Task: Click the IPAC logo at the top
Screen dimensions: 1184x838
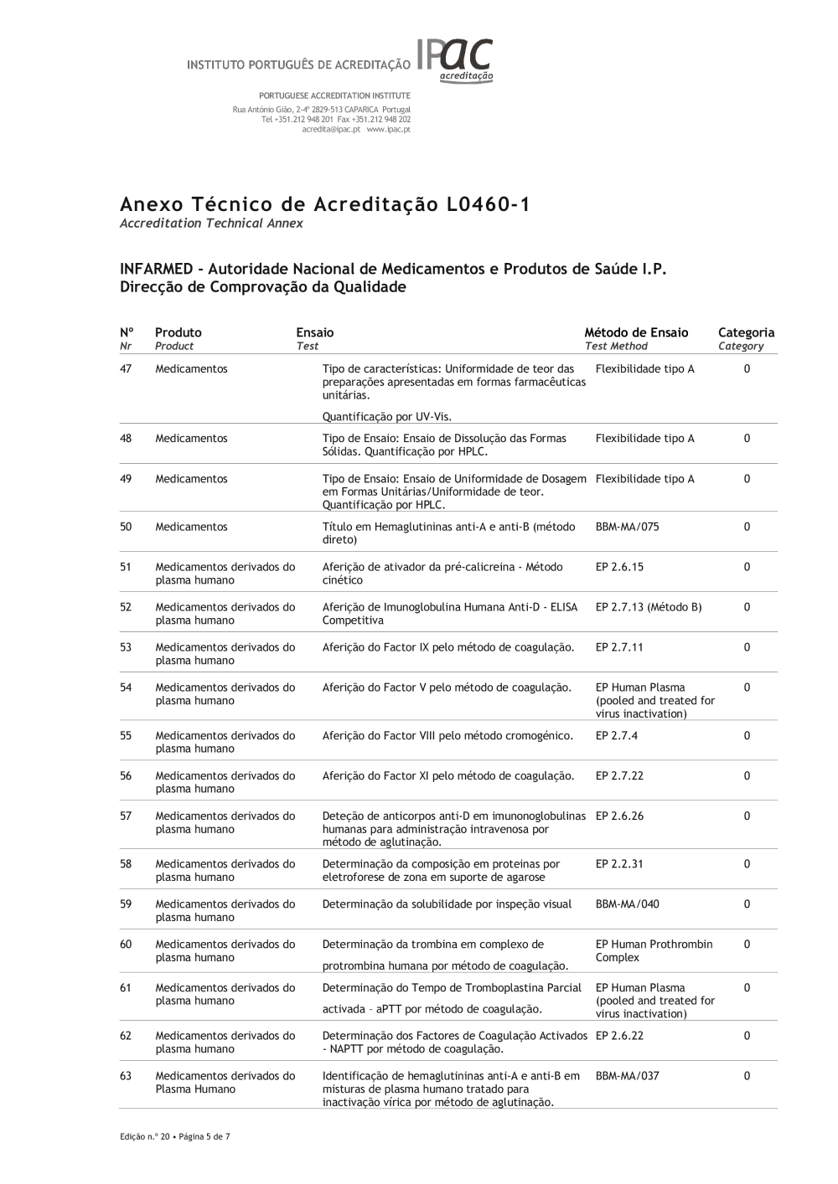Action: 455,60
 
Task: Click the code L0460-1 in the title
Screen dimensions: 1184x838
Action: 484,205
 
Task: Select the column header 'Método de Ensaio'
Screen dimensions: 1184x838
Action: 636,332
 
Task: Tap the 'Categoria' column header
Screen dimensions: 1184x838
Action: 746,332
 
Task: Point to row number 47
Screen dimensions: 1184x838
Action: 126,369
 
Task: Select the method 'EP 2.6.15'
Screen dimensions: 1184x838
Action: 620,568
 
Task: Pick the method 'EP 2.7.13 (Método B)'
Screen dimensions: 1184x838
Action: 649,608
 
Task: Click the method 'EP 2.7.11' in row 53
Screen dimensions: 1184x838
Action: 620,648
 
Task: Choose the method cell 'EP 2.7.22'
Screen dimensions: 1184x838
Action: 620,776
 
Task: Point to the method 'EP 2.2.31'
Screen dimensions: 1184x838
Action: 620,864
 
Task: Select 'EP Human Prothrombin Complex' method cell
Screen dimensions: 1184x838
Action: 654,951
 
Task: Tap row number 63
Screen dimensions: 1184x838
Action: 126,1076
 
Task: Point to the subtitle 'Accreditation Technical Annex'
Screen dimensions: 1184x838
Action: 211,224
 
